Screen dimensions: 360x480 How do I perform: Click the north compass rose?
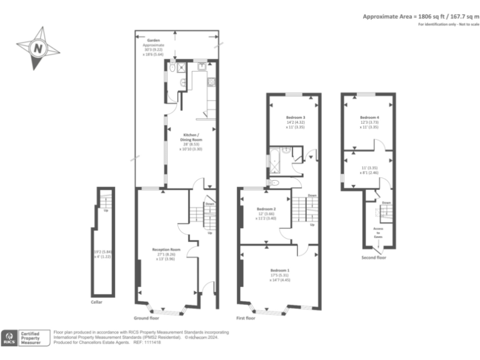(x=39, y=47)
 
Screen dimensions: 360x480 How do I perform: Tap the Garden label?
(x=154, y=39)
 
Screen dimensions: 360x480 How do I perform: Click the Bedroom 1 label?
(x=272, y=269)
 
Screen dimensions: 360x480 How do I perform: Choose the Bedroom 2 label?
(x=266, y=209)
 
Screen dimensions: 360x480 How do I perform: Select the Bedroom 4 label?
(x=369, y=117)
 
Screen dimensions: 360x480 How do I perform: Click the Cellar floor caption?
(x=96, y=302)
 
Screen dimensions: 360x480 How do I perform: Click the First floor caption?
(x=246, y=318)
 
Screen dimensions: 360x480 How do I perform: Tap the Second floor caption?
(x=374, y=257)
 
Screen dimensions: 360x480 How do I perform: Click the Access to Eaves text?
(x=379, y=232)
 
